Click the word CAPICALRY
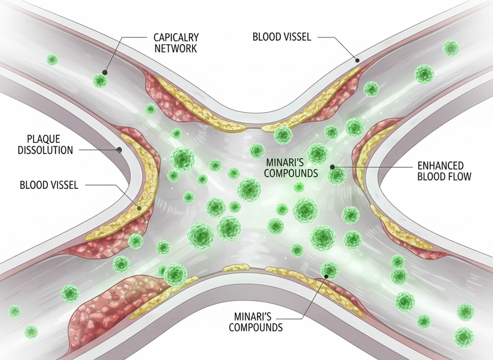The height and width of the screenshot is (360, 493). click(x=176, y=37)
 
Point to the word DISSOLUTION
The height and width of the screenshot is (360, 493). click(x=45, y=150)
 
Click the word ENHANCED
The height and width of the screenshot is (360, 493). click(x=440, y=165)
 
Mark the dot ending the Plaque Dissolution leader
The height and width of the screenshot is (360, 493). click(x=120, y=149)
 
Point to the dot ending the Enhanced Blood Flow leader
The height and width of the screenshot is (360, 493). click(x=332, y=167)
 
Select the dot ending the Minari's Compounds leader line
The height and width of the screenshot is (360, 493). click(x=326, y=276)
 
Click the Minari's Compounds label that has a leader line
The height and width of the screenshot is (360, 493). click(x=256, y=321)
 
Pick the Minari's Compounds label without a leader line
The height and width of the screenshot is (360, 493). click(x=291, y=167)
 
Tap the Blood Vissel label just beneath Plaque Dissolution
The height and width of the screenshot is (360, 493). click(x=49, y=185)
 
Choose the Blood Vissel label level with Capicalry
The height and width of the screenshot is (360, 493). click(x=282, y=37)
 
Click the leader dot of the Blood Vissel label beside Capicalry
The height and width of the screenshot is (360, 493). click(x=357, y=61)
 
